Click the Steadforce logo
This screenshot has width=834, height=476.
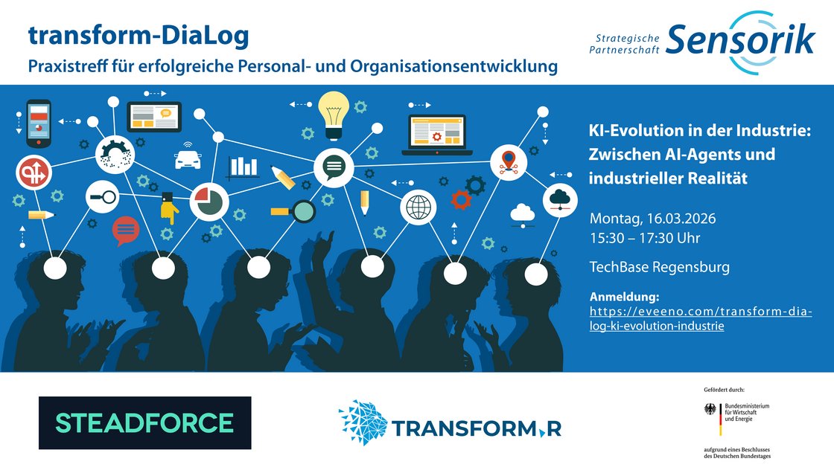[144, 423]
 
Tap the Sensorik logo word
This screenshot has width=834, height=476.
[740, 40]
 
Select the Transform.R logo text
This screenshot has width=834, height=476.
[477, 428]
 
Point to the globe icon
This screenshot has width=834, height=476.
[418, 208]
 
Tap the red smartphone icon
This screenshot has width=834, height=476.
[39, 123]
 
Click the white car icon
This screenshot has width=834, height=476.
[188, 158]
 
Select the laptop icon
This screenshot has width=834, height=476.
[437, 135]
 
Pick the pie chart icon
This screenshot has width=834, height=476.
[209, 202]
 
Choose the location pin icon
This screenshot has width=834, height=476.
[509, 162]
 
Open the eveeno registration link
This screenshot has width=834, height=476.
[701, 318]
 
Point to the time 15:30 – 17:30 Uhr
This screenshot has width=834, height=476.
[645, 238]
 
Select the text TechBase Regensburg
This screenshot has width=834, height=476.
[660, 267]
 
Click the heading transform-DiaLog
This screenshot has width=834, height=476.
[139, 36]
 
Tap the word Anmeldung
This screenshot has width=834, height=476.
[625, 297]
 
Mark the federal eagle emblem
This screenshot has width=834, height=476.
[710, 410]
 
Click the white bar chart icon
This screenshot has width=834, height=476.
[243, 167]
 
